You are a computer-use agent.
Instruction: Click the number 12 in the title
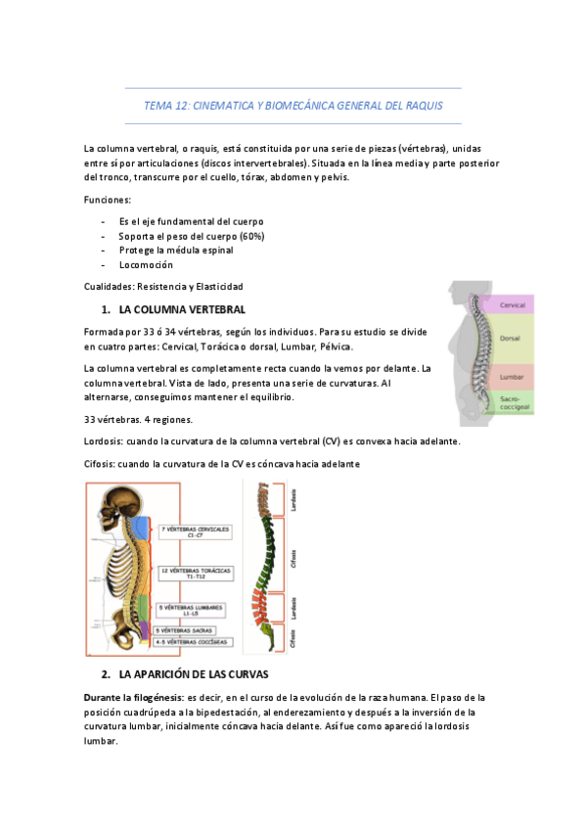pos(178,105)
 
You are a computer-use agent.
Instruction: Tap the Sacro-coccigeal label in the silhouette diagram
pos(513,401)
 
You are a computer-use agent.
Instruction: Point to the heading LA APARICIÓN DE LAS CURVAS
pos(193,675)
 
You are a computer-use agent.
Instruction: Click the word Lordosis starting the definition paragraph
pos(105,441)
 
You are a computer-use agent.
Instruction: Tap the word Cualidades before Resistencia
pos(111,286)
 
